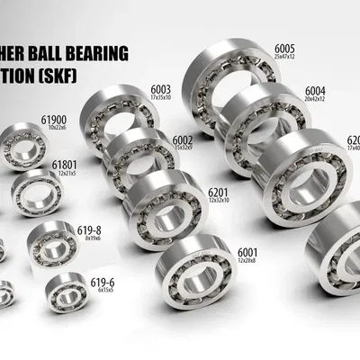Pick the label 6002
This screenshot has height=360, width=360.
point(183,139)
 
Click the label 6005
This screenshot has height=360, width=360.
point(285,48)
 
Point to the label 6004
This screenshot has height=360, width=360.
point(317,91)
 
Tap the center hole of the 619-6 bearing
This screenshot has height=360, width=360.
point(65,295)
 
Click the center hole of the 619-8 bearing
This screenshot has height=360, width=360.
point(51,240)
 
